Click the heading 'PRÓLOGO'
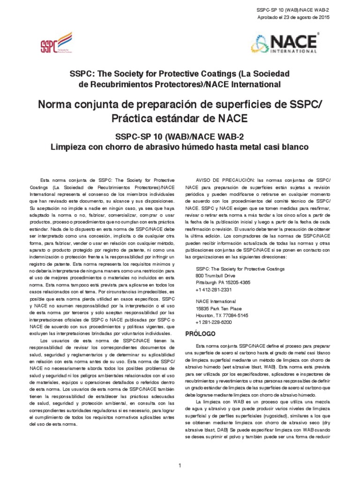click(201, 334)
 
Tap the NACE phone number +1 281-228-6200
click(214, 322)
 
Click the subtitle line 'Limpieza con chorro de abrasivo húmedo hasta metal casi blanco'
click(180, 147)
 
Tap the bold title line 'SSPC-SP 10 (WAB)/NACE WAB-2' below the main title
click(180, 136)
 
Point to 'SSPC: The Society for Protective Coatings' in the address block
click(240, 270)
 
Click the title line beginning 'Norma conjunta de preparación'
click(180, 104)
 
